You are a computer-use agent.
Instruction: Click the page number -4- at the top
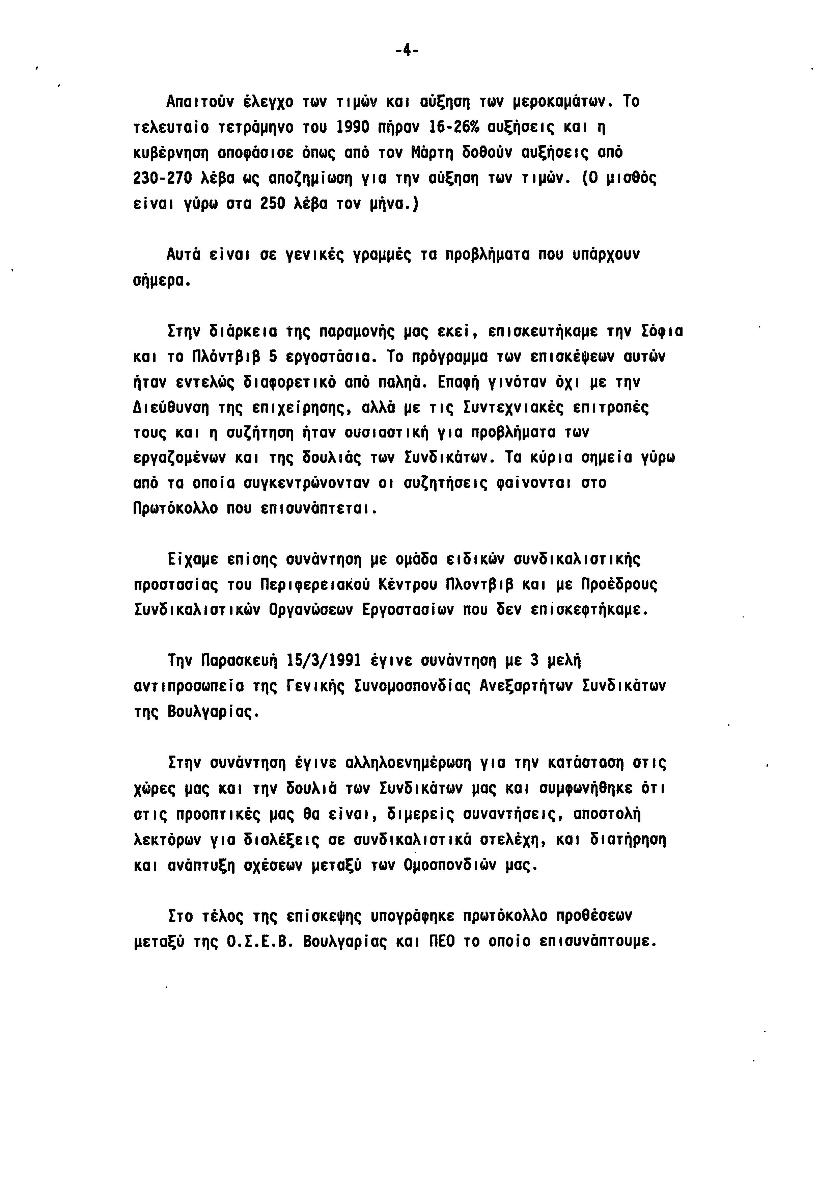click(407, 50)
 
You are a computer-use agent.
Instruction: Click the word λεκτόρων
click(167, 840)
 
